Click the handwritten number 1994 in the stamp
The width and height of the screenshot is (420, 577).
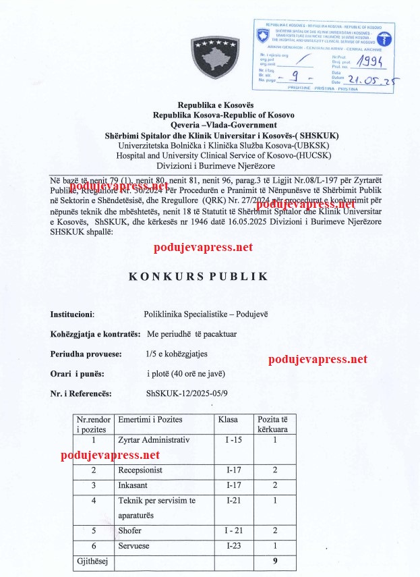click(x=370, y=62)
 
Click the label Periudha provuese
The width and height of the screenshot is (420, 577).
click(x=86, y=354)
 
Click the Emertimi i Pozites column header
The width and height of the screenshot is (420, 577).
click(x=150, y=420)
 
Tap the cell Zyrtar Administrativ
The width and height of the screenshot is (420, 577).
click(x=154, y=440)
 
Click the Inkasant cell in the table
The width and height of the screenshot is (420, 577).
click(x=136, y=485)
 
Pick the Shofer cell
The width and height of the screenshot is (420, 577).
click(x=130, y=530)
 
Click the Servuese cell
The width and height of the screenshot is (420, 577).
click(x=135, y=545)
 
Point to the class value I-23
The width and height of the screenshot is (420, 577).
click(x=231, y=545)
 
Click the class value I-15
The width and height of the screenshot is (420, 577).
click(x=231, y=440)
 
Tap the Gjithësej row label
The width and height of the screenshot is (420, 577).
click(x=93, y=560)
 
